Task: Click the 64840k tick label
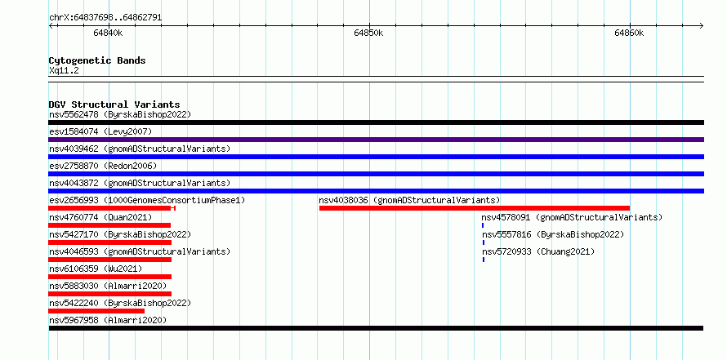point(108,33)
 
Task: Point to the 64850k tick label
point(368,33)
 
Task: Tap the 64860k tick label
point(629,33)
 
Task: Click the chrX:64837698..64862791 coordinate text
point(105,18)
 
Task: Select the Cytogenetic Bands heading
point(97,60)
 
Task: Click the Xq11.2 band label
point(64,70)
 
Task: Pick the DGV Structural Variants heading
point(114,104)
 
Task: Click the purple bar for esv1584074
point(376,140)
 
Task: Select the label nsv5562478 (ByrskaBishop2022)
point(120,114)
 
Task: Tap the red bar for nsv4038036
point(475,208)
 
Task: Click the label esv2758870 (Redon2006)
point(103,166)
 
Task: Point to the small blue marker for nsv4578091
point(483,225)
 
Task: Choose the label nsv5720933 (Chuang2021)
point(538,251)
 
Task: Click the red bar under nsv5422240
point(96,311)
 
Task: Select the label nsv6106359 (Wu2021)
point(96,269)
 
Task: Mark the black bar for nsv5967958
point(376,328)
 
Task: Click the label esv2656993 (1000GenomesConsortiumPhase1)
point(147,200)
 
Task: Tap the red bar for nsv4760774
point(109,225)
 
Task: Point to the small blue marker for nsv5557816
point(483,242)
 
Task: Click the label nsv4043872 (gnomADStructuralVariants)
point(140,183)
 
